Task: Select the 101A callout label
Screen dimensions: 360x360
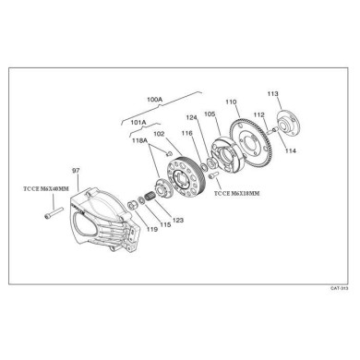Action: tap(138, 121)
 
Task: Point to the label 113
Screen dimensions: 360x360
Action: tap(272, 95)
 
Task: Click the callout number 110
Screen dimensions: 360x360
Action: tap(231, 102)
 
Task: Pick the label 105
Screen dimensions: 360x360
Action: tap(210, 114)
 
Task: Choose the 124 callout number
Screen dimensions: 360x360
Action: tap(191, 117)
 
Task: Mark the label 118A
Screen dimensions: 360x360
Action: tap(141, 142)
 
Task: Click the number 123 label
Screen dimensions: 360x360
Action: tap(178, 220)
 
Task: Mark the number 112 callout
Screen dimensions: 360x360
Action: tap(259, 115)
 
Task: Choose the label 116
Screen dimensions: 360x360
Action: tap(187, 135)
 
